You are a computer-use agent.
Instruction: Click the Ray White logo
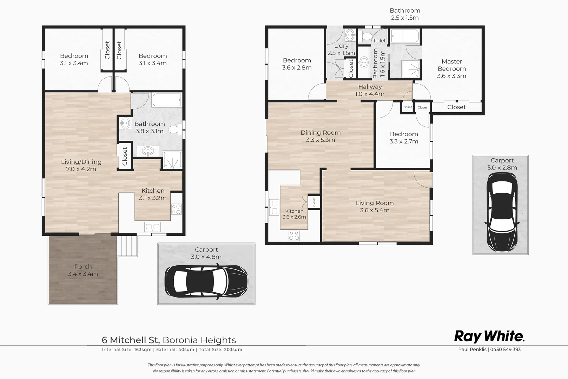[x=489, y=337]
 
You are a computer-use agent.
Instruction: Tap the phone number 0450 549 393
[x=506, y=349]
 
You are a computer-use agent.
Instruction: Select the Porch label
[x=83, y=266]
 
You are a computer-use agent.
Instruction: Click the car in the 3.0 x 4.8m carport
[x=206, y=281]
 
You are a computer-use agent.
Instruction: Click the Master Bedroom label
[x=451, y=65]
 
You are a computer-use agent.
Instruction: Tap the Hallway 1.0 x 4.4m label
[x=370, y=90]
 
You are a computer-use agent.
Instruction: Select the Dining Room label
[x=321, y=133]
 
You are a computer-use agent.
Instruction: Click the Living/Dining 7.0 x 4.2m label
[x=81, y=165]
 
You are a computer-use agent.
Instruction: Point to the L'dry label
[x=341, y=46]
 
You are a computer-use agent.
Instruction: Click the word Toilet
[x=379, y=41]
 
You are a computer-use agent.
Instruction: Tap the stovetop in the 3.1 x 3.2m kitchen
[x=176, y=210]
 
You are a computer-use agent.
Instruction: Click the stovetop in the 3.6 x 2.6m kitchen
[x=294, y=236]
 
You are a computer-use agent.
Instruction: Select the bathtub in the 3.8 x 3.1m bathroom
[x=167, y=100]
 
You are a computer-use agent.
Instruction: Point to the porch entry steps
[x=128, y=246]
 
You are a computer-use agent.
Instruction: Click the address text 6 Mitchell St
[x=131, y=340]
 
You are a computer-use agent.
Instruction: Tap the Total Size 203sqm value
[x=233, y=350]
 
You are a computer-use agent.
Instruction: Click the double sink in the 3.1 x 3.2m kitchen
[x=152, y=227]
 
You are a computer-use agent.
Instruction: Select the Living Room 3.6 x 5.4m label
[x=375, y=206]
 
